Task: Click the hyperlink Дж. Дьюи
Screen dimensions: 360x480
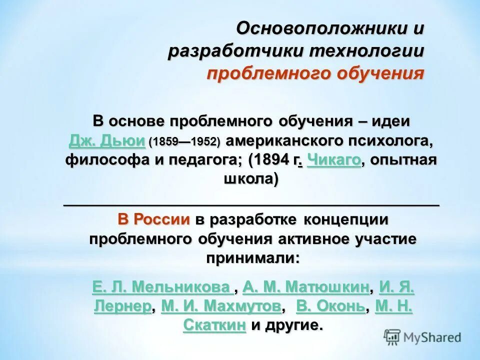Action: pos(107,141)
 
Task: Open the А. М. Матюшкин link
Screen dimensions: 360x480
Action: pos(306,287)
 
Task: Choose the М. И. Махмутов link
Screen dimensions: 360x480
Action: pos(221,306)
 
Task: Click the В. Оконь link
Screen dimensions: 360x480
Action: pos(330,306)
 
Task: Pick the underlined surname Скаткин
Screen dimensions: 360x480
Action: pos(214,325)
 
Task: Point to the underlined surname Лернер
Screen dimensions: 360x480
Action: pos(122,306)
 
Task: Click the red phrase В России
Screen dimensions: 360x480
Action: pos(154,219)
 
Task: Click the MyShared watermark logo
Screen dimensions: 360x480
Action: pos(423,336)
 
